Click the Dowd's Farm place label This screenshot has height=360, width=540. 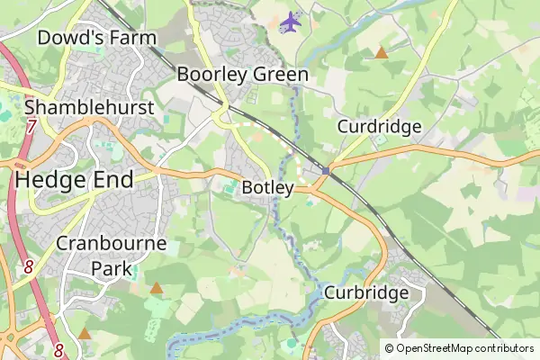coord(97,38)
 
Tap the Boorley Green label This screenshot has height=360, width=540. coord(243,74)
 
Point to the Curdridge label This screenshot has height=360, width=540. coord(379,127)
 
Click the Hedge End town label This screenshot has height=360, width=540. coord(74,179)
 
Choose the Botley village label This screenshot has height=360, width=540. coord(268,188)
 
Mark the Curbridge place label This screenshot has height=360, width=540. coord(366,292)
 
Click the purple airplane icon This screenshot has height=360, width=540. coord(290,22)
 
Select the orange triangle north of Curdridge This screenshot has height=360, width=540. coord(382,53)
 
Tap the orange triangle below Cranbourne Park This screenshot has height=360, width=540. coord(157,289)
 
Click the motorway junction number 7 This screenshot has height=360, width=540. coord(31,127)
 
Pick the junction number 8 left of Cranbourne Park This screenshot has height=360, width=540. coord(29,267)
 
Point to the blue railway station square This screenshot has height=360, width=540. coord(327,169)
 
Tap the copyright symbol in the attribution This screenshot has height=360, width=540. coord(389,347)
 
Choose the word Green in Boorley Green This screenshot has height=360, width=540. coord(278,74)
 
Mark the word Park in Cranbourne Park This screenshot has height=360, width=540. coord(112,267)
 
